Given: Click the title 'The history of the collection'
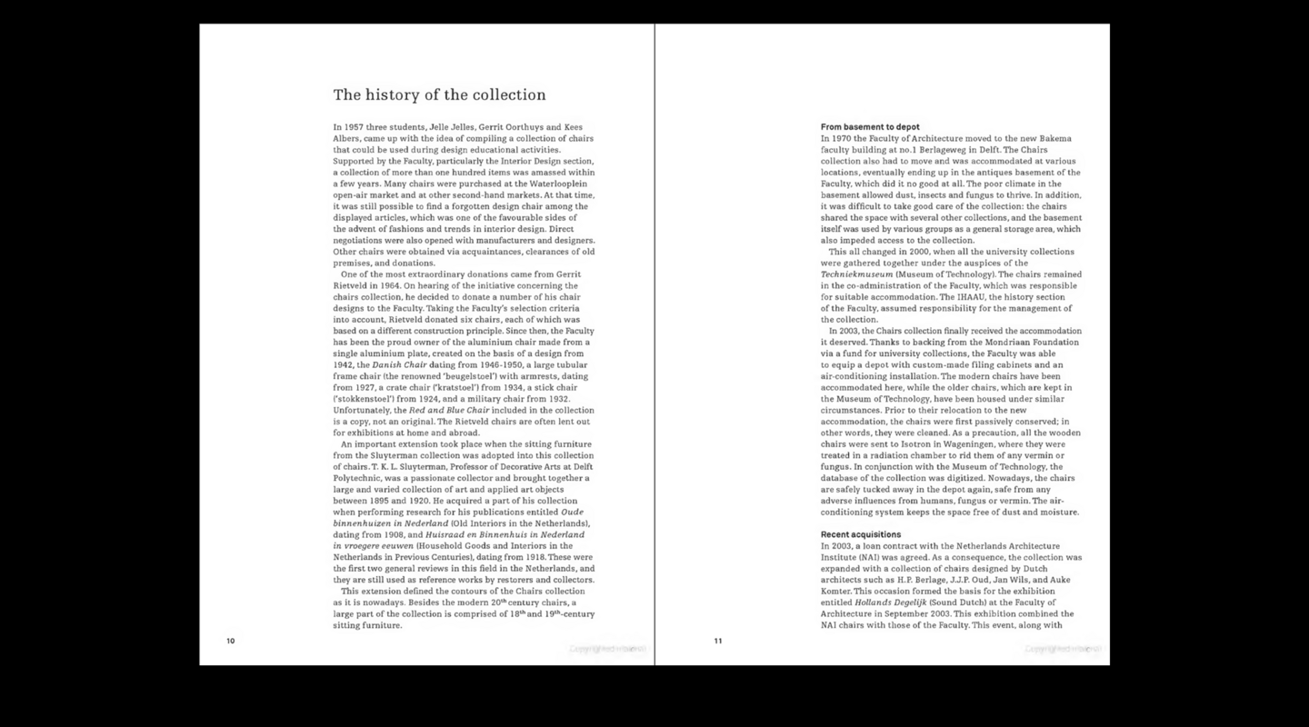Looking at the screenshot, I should tap(439, 95).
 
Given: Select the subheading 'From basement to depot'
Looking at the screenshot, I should tap(870, 127).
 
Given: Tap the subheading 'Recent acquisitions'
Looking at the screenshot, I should tap(861, 534).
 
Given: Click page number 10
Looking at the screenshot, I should tap(231, 641).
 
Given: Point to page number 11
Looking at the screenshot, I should tap(718, 641).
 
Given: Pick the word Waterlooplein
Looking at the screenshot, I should tap(564, 184).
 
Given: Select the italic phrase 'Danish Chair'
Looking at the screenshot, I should tap(401, 365).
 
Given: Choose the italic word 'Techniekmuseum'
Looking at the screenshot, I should tap(856, 274).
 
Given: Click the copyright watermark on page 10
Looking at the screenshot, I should tap(608, 649).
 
